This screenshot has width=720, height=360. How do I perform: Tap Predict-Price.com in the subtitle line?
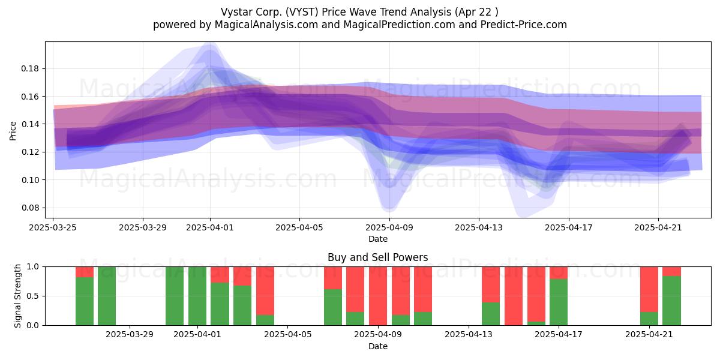pyautogui.click(x=524, y=25)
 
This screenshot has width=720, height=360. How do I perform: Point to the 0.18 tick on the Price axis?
pyautogui.click(x=30, y=69)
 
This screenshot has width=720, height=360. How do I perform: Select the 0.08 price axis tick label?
pyautogui.click(x=30, y=208)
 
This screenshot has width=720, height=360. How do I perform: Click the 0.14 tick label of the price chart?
pyautogui.click(x=30, y=124)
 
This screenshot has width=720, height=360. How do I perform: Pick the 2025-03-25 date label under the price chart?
pyautogui.click(x=53, y=227)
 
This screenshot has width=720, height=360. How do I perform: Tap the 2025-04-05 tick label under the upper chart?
pyautogui.click(x=299, y=227)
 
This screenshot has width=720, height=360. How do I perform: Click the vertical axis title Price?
pyautogui.click(x=13, y=131)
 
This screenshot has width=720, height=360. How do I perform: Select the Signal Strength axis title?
pyautogui.click(x=17, y=296)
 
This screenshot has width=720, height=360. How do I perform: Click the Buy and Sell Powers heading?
pyautogui.click(x=377, y=257)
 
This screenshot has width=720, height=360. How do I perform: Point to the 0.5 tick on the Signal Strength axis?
pyautogui.click(x=32, y=296)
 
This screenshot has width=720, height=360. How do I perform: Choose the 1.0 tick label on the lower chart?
pyautogui.click(x=32, y=267)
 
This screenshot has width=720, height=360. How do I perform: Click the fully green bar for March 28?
pyautogui.click(x=107, y=296)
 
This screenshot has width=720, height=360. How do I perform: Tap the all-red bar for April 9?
pyautogui.click(x=378, y=296)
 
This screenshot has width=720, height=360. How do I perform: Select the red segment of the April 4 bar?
pyautogui.click(x=265, y=291)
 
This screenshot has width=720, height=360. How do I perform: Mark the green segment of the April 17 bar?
pyautogui.click(x=559, y=302)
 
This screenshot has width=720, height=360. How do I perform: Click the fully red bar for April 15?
pyautogui.click(x=514, y=296)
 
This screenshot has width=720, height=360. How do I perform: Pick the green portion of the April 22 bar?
pyautogui.click(x=671, y=301)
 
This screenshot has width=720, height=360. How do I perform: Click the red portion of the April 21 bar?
pyautogui.click(x=649, y=289)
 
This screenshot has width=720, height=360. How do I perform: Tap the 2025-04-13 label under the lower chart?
pyautogui.click(x=469, y=335)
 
